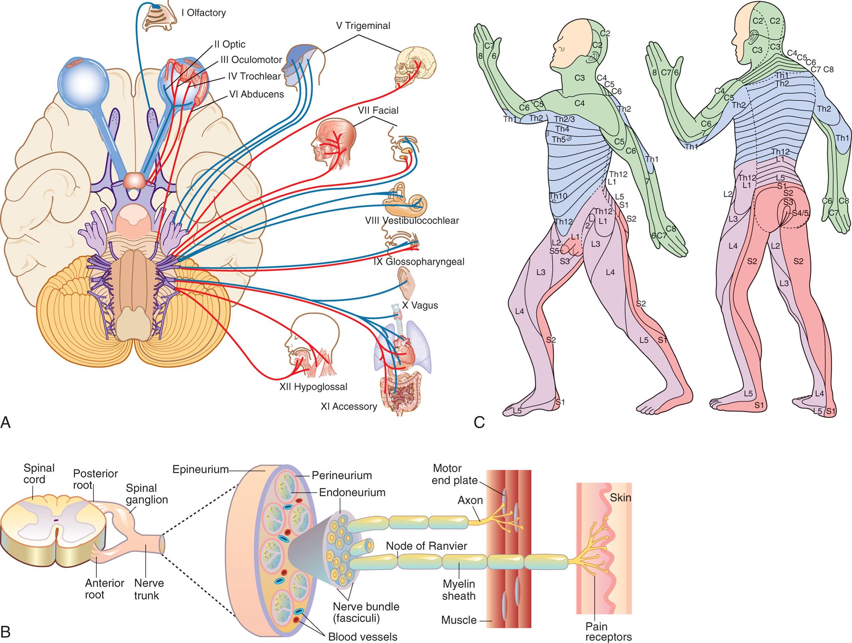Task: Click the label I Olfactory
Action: tap(203, 13)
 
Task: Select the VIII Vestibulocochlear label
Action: tap(411, 221)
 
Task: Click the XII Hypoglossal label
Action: tap(313, 387)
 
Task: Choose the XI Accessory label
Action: tap(349, 406)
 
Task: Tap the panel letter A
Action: tap(6, 423)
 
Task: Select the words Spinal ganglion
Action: tap(146, 494)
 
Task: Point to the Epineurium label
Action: tap(200, 469)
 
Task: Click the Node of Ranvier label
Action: tap(426, 546)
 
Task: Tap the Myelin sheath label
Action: tap(458, 590)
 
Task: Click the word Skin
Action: tap(620, 497)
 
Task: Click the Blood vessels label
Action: tap(362, 637)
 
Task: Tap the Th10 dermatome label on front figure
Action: tap(558, 196)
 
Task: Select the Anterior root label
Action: tap(104, 589)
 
